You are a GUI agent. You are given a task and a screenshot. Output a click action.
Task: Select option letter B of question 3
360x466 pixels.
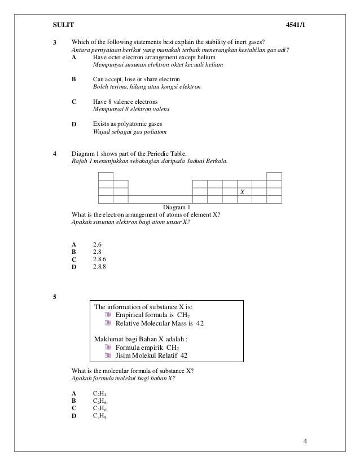[x=74, y=80]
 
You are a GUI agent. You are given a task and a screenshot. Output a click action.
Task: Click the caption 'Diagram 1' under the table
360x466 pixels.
[x=177, y=207]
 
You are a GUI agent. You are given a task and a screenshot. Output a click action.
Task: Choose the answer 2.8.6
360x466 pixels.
[x=99, y=259]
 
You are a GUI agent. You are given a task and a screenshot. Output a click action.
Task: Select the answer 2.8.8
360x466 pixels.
[x=99, y=266]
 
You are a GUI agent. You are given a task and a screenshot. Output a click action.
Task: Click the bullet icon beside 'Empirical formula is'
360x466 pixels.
[x=109, y=315]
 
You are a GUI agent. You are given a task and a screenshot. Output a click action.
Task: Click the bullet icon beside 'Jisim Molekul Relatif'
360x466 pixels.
[x=109, y=355]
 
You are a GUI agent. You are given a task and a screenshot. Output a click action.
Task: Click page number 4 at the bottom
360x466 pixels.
[x=305, y=441]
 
